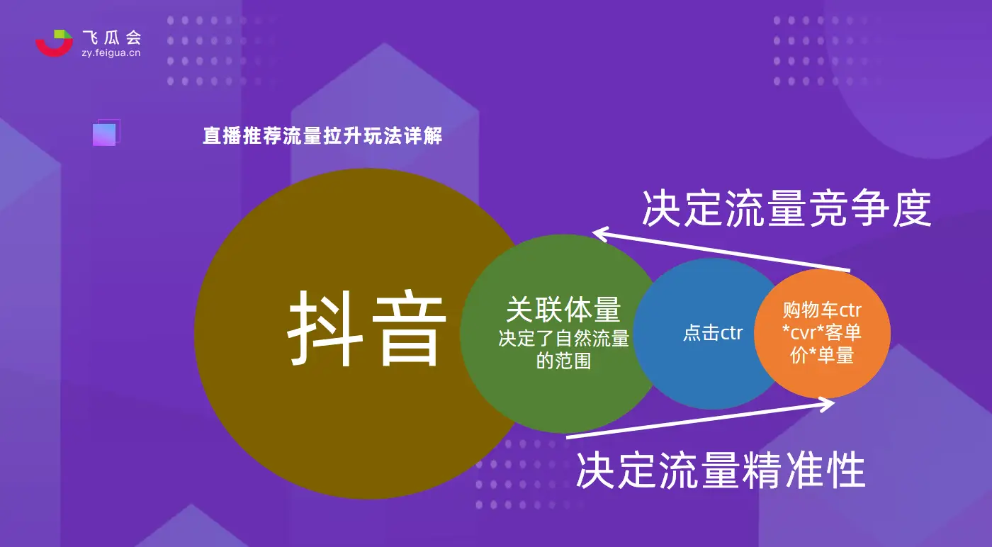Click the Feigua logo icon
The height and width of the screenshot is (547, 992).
55,43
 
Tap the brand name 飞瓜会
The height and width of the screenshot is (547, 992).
112,38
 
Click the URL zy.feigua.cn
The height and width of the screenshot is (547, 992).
111,52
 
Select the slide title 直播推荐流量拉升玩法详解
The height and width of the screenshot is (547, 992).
322,135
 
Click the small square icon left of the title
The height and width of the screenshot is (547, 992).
106,132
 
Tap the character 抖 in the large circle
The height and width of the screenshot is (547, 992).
325,328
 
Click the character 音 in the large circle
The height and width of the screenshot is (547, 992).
409,328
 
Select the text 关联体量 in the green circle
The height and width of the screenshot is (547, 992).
563,310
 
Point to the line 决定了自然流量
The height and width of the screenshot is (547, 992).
563,339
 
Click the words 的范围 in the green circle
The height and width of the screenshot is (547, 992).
563,361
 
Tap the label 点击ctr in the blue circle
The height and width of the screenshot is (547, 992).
713,332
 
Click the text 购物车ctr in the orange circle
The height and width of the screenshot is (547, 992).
822,310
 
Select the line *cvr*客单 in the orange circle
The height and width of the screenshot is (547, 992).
822,332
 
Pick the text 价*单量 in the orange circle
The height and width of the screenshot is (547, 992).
822,355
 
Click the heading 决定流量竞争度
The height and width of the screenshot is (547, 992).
787,208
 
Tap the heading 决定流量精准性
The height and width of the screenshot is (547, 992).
721,470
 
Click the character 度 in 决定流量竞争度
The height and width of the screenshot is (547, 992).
911,208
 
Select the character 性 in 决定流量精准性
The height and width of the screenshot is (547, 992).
846,470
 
